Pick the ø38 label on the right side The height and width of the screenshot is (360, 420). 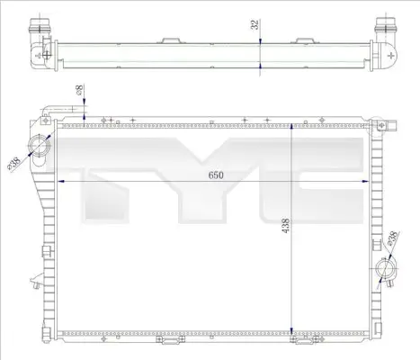[x=393, y=238]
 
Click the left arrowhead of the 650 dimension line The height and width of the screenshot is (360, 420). [x=61, y=181]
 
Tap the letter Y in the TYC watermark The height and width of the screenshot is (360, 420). [x=216, y=180]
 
